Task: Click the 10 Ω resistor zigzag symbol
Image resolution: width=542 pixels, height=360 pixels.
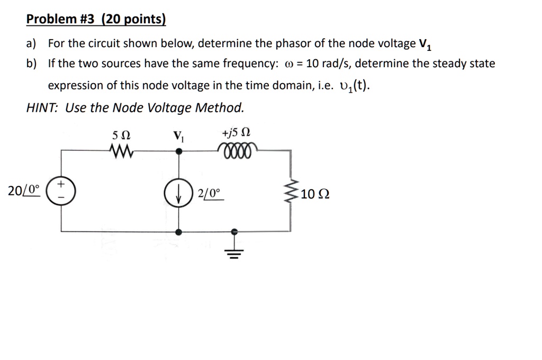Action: point(290,193)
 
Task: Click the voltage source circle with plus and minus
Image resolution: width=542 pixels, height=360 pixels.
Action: point(60,191)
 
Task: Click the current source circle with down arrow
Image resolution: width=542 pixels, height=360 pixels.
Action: point(180,193)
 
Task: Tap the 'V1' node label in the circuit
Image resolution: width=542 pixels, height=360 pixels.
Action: point(179,136)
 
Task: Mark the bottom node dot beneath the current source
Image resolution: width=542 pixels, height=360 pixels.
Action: point(180,232)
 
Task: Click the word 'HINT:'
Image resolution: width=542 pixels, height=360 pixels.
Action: point(43,108)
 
